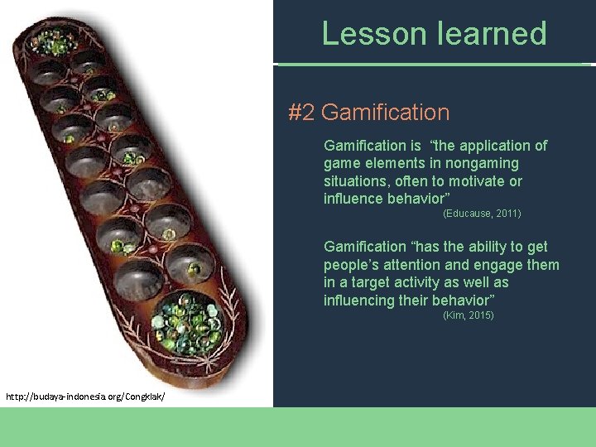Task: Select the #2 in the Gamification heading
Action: coord(300,113)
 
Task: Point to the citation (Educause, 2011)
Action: coord(482,214)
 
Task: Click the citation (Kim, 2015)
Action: coord(469,315)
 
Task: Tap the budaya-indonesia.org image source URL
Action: coord(85,397)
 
